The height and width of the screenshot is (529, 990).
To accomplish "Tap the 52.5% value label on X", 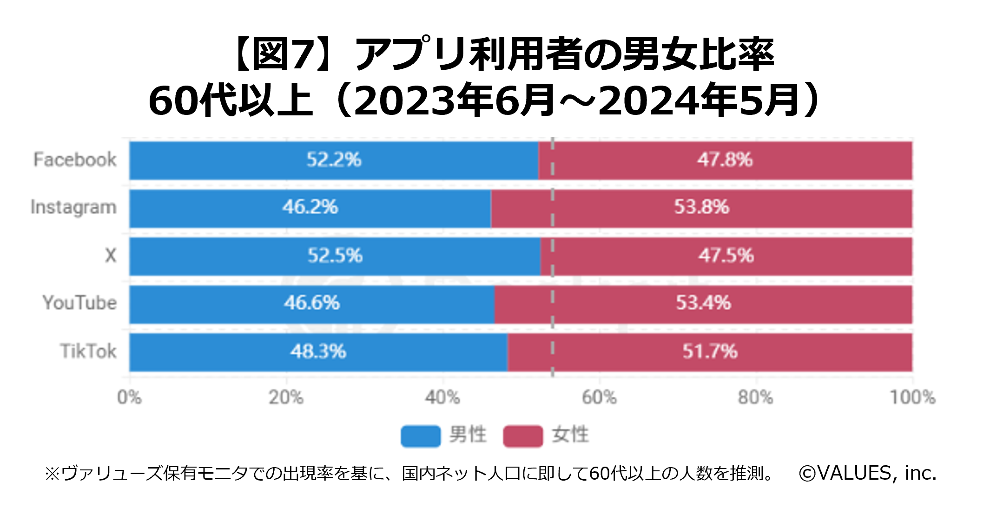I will coord(335,255).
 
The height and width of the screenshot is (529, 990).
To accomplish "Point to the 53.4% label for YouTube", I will coord(703,303).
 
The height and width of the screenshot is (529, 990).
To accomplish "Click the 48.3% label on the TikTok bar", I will coord(318,351).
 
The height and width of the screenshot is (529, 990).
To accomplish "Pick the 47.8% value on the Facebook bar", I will coord(725,160).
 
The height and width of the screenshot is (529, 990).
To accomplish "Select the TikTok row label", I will coord(88,351).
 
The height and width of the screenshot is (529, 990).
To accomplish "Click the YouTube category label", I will coord(79,303).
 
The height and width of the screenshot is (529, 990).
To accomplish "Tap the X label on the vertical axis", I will coord(111,255).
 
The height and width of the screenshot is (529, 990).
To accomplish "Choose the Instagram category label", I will coord(73,208).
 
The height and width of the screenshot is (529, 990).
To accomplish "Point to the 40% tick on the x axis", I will coord(442,397).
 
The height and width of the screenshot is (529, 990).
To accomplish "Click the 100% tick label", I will coord(912,397).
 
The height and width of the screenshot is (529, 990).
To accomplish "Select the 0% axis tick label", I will coord(129,397).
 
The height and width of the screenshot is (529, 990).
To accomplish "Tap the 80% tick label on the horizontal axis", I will coord(756,397).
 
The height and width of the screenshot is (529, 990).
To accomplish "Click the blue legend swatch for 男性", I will coord(421,436).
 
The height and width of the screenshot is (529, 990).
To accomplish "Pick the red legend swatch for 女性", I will coord(523,436).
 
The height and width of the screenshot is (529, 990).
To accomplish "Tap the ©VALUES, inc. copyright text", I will coord(867,473).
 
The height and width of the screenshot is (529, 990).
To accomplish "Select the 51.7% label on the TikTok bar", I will coord(710,351).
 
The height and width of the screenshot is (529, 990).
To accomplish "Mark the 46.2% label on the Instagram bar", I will coord(310,207).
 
